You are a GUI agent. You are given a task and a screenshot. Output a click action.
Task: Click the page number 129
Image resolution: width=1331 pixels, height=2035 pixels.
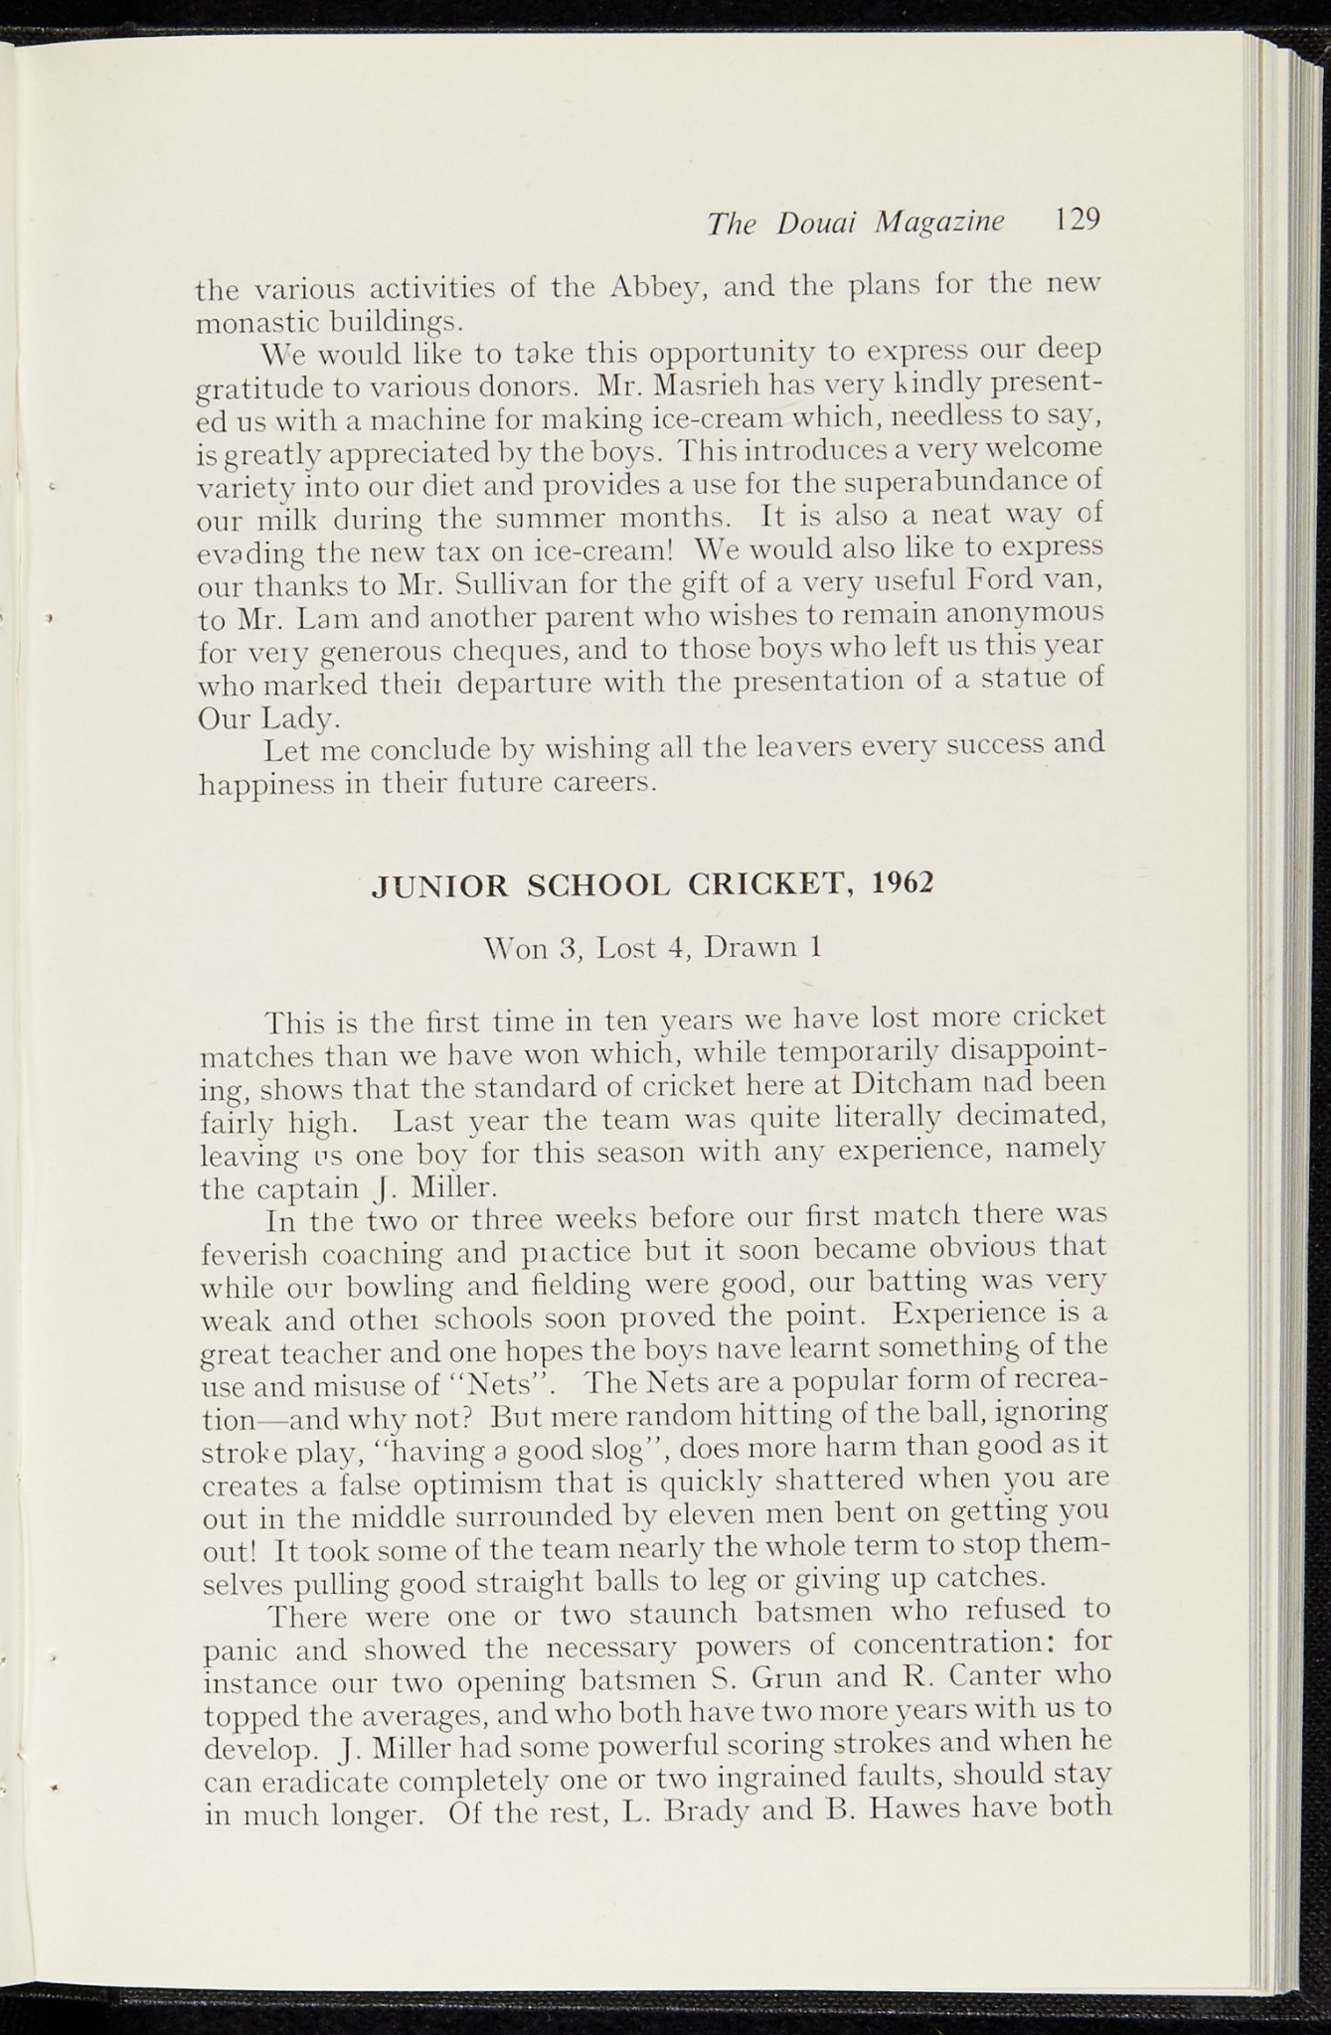coord(1077,220)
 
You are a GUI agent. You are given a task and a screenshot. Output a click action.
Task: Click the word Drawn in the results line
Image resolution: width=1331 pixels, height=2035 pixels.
coord(747,948)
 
